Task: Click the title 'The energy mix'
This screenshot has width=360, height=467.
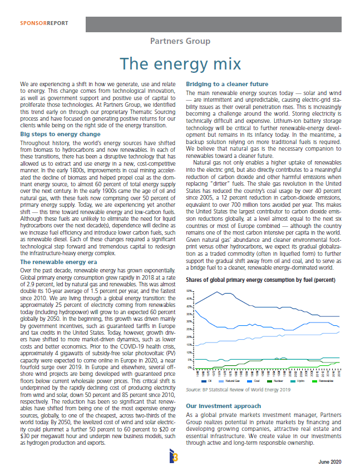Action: click(x=180, y=63)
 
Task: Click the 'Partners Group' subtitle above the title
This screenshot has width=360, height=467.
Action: click(x=180, y=41)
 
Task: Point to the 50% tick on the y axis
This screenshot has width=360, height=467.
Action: click(x=188, y=290)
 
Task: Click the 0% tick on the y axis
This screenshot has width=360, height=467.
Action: click(x=189, y=367)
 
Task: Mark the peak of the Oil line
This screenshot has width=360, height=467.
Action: click(x=218, y=291)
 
